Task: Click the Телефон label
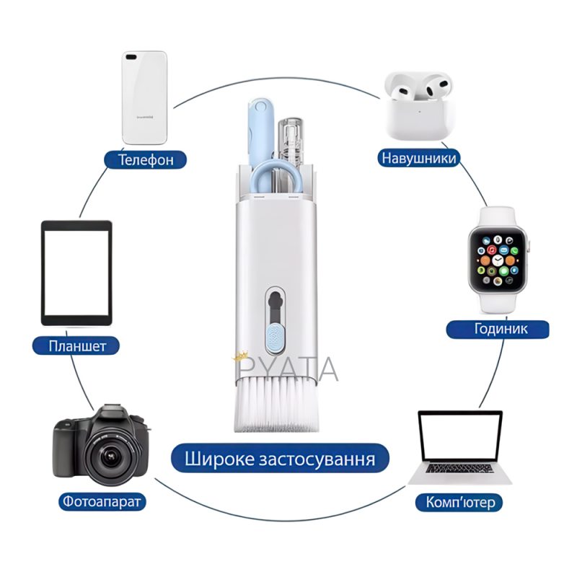[146, 159]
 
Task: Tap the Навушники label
[419, 158]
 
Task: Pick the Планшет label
[79, 346]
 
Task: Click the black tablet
[76, 273]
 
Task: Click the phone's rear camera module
[133, 56]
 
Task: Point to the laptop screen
[460, 436]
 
